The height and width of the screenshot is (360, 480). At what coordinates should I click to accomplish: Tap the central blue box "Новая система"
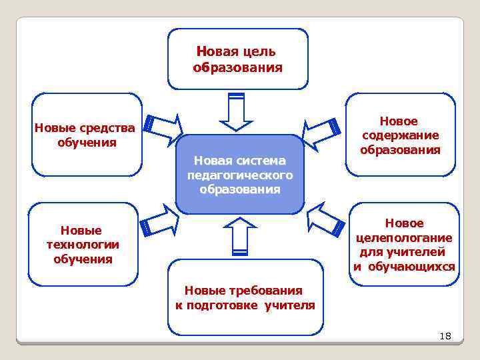coord(240,174)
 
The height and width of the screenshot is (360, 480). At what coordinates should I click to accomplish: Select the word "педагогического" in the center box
coord(240,175)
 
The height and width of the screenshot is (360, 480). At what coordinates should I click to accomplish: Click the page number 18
coord(445,336)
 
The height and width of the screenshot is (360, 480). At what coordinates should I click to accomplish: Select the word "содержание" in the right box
coord(400,135)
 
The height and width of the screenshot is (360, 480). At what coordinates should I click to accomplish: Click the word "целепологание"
coord(404,238)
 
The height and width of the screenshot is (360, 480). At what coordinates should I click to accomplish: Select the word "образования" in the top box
coord(238,67)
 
